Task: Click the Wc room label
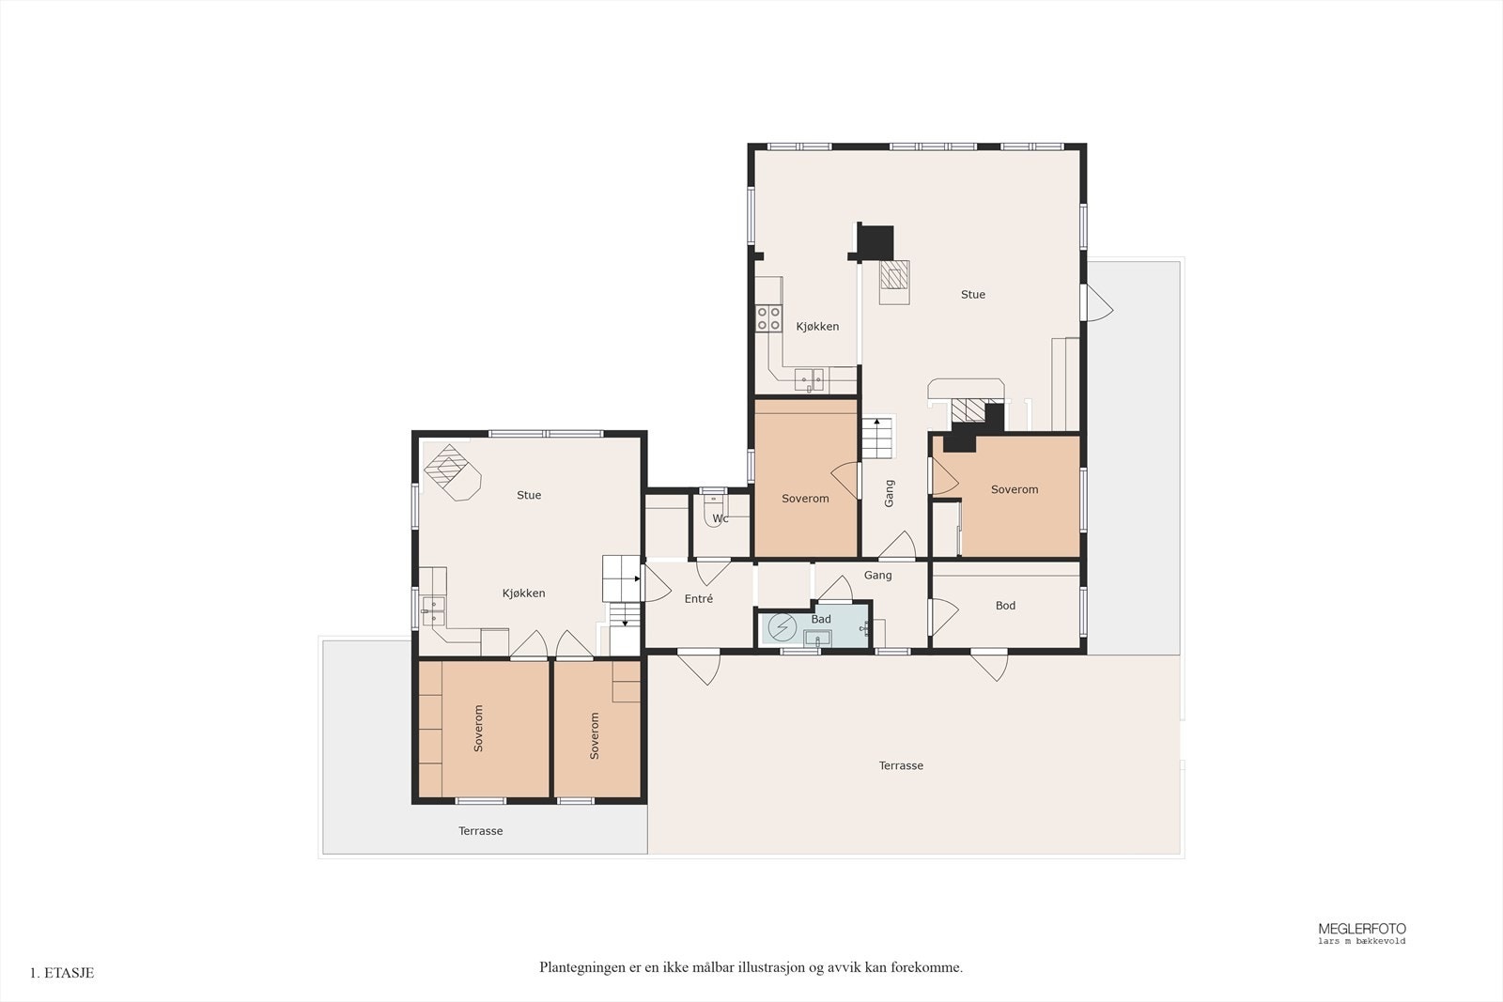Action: pyautogui.click(x=720, y=518)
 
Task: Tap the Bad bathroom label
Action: pyautogui.click(x=821, y=619)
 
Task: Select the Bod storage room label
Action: pyautogui.click(x=1005, y=606)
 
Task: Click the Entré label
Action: pyautogui.click(x=698, y=598)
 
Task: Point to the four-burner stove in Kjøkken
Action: pyautogui.click(x=769, y=318)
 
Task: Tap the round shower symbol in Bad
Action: pyautogui.click(x=782, y=626)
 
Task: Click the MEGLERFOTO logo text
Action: pyautogui.click(x=1361, y=929)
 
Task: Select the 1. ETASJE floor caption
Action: pyautogui.click(x=62, y=973)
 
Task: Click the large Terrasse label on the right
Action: pyautogui.click(x=901, y=765)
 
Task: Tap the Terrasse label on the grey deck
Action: pyautogui.click(x=480, y=831)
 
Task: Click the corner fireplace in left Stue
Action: pyautogui.click(x=452, y=470)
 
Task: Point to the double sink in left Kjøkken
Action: pyautogui.click(x=432, y=610)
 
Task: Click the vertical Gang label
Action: pyautogui.click(x=889, y=493)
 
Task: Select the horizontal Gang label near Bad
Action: pyautogui.click(x=877, y=575)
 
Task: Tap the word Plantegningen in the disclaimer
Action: pyautogui.click(x=581, y=967)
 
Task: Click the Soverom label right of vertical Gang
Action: pyautogui.click(x=1014, y=489)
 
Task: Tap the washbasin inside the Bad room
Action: pyautogui.click(x=816, y=638)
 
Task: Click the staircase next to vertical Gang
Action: pyautogui.click(x=879, y=438)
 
